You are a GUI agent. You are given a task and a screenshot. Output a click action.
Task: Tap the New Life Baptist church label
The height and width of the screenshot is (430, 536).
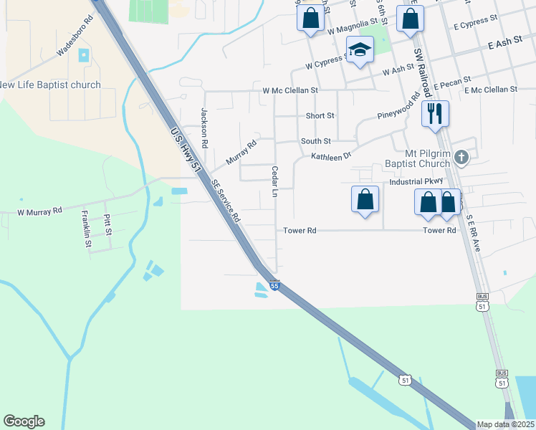pos(49,85)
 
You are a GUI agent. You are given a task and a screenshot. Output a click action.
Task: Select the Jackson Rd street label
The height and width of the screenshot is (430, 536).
pos(204,122)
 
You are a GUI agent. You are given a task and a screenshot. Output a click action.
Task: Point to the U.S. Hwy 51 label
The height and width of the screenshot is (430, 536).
pos(184,150)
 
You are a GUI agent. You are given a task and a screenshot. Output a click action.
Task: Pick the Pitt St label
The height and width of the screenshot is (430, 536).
pos(107,224)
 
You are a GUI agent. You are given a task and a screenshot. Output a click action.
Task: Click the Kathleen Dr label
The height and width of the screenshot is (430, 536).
pos(331,156)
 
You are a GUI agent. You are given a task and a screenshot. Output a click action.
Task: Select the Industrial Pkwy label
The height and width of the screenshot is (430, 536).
pos(416,182)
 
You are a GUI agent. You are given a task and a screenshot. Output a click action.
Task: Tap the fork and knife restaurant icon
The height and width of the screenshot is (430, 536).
pos(435,113)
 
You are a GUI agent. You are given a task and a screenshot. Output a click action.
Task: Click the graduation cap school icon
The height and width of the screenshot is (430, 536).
pos(360,49)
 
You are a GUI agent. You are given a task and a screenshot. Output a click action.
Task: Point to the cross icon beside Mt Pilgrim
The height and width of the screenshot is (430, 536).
pos(462,157)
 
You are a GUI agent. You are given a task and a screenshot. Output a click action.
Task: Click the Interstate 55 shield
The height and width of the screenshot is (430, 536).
pos(274,285)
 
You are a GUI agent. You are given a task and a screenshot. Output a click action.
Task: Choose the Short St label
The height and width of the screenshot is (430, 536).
pos(320,115)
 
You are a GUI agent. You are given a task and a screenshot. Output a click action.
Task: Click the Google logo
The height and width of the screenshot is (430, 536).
pos(24,421)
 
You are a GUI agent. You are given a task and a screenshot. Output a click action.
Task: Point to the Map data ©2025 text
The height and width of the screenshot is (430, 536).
pos(506,424)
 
